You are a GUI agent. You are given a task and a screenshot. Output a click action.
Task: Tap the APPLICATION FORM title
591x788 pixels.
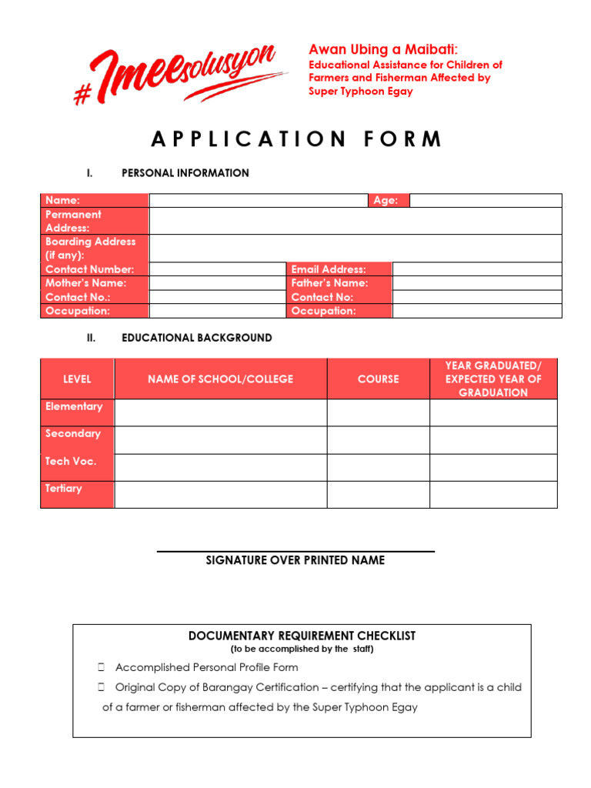pos(297,139)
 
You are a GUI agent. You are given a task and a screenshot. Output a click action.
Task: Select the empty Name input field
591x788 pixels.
pos(259,201)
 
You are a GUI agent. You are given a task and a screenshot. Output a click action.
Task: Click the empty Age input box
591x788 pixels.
pos(486,201)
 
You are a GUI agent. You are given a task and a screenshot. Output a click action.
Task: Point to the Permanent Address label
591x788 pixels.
pos(73,221)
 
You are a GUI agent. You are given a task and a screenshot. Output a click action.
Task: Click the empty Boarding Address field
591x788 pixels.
pos(355,249)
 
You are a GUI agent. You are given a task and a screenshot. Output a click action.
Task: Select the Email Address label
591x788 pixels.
pos(329,269)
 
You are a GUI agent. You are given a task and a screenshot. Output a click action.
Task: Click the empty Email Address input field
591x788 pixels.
pos(476,269)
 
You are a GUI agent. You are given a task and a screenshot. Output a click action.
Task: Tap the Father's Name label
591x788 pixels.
pos(329,283)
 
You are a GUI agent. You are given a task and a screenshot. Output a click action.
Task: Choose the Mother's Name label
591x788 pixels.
pos(85,283)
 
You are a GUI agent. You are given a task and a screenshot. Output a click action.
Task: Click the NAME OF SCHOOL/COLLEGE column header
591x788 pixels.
pos(220,379)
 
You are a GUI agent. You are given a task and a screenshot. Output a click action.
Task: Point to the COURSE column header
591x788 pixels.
pos(378,379)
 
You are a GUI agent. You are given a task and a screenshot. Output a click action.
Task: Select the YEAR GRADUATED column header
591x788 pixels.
pos(493,379)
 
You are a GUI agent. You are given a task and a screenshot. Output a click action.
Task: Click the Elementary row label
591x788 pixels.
pos(74,407)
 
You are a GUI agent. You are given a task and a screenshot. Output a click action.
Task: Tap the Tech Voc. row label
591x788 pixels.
pos(71,462)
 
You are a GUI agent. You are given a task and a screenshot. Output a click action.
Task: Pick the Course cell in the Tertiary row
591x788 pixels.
pos(378,495)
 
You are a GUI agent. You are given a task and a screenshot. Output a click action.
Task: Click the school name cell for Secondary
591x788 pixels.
pos(220,440)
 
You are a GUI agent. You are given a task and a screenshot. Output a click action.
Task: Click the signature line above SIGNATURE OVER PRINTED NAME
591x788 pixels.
pos(295,551)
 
